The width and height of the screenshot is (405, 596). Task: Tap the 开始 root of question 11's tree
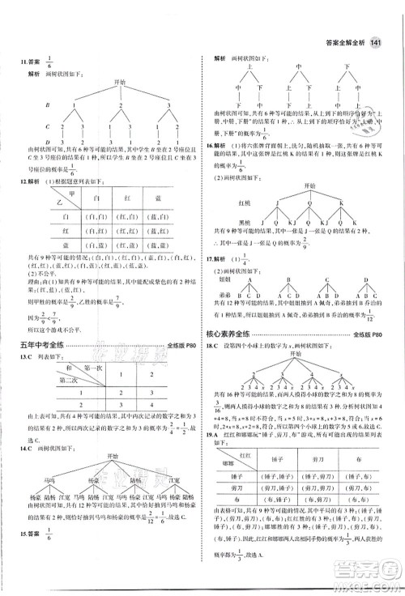click(x=120, y=83)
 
